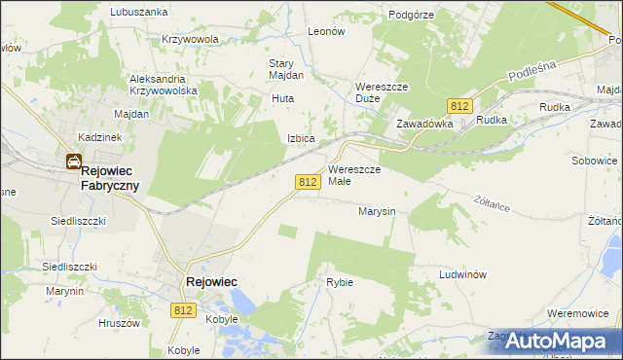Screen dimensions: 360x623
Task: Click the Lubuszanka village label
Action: [139, 12]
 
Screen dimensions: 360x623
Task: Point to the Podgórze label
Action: [411, 15]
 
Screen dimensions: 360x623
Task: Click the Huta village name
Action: [282, 98]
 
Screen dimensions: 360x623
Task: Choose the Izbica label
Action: [301, 138]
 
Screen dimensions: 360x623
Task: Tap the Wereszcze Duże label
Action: [380, 91]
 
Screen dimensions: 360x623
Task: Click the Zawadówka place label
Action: [425, 125]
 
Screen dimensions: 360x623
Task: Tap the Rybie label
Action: [340, 282]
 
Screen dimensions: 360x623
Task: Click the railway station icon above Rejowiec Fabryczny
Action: [73, 162]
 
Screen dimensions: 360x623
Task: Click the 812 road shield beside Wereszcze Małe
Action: [308, 182]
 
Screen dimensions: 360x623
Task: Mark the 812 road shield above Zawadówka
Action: [460, 105]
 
